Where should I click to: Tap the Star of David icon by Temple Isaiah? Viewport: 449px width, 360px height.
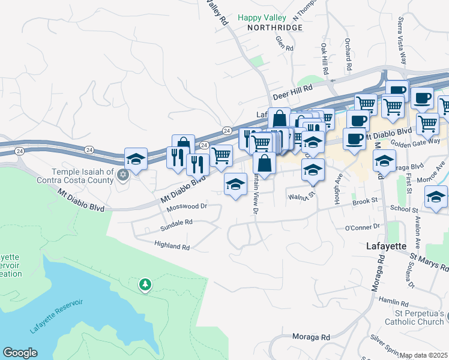[x=123, y=176]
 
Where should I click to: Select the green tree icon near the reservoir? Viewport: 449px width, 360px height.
[x=145, y=284]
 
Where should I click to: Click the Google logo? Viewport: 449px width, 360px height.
[x=20, y=353]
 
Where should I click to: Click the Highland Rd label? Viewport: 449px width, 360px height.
[x=172, y=247]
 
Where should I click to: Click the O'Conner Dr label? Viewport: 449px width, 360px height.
[x=363, y=227]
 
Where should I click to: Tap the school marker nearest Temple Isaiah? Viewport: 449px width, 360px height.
[x=136, y=160]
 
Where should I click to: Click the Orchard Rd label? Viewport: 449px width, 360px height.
[x=348, y=52]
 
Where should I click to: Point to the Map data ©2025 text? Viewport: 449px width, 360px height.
[x=424, y=355]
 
